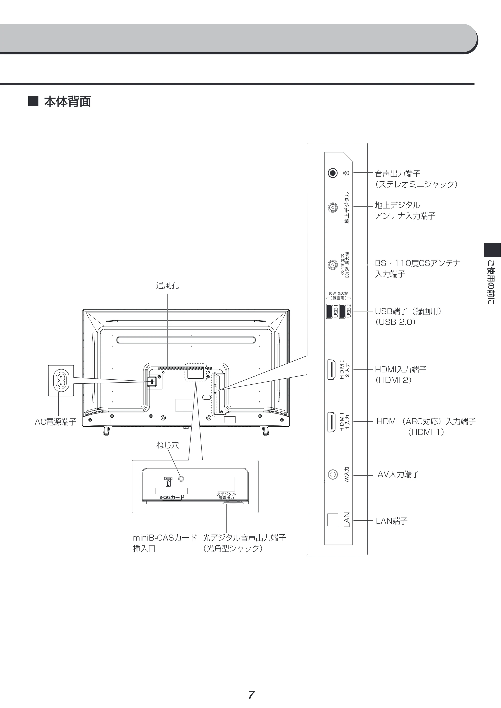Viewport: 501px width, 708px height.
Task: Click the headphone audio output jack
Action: [x=332, y=173]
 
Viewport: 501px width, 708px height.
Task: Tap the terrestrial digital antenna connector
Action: [x=332, y=207]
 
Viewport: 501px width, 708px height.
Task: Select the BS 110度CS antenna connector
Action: [x=332, y=265]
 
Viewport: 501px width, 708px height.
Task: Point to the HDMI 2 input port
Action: [x=332, y=369]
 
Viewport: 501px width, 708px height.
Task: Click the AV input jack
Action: [x=332, y=474]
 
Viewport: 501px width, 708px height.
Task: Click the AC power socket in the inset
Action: [x=61, y=380]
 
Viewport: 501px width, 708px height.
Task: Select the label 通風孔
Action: [x=167, y=286]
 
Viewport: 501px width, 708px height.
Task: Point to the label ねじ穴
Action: [x=167, y=445]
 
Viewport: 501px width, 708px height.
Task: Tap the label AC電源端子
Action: [x=56, y=422]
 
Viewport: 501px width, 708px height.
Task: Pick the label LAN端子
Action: [x=392, y=521]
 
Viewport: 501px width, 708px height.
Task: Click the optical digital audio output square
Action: [x=226, y=484]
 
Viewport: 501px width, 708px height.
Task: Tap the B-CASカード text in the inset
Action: [x=172, y=497]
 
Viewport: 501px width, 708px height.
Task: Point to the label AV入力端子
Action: [x=398, y=474]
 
